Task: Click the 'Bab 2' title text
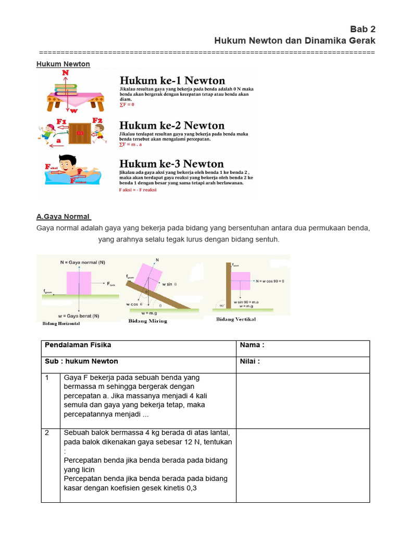[361, 29]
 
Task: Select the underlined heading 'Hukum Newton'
[63, 64]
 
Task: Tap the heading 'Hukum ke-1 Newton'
[172, 81]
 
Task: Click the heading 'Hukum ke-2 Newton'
[172, 125]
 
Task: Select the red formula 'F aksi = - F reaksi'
[137, 190]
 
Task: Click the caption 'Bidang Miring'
[147, 321]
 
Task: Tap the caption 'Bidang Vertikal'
[236, 320]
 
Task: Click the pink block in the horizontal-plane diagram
[79, 283]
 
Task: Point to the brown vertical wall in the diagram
[228, 286]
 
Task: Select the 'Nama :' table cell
[303, 345]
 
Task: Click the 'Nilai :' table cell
[303, 361]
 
